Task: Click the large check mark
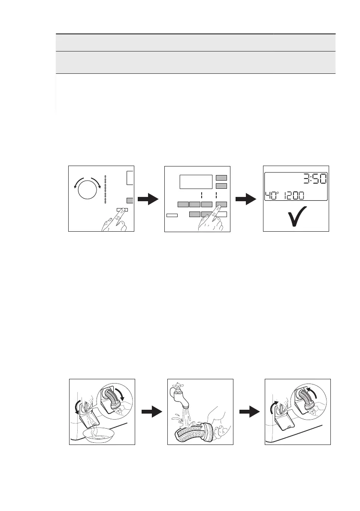coord(296,218)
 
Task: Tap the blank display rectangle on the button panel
coord(196,181)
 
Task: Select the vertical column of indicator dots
coord(105,189)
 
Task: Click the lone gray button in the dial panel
coord(130,200)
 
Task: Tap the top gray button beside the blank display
coord(221,178)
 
